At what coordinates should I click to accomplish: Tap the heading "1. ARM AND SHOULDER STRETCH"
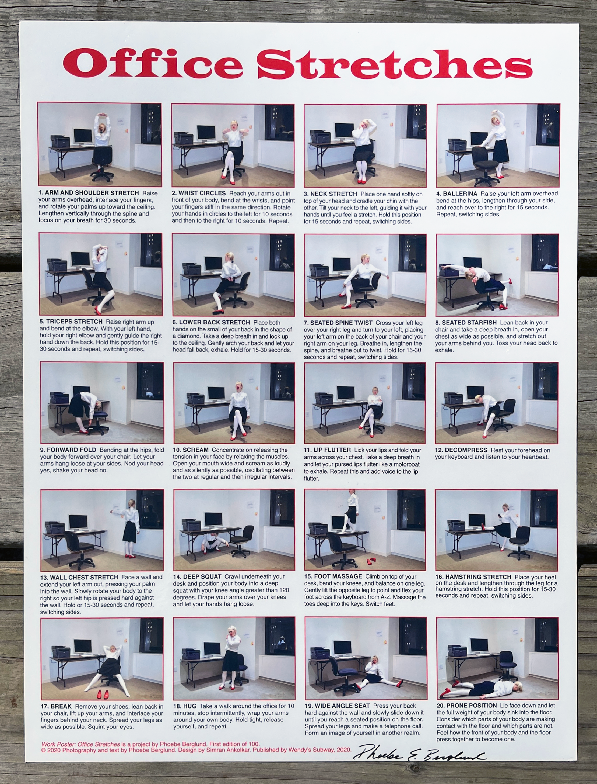(x=89, y=193)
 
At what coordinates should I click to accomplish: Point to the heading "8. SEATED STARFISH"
(x=466, y=322)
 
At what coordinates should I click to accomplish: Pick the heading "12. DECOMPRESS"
(x=461, y=450)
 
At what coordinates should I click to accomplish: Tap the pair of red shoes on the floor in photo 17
(x=103, y=694)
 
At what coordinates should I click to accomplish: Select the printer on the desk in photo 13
(x=55, y=527)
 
